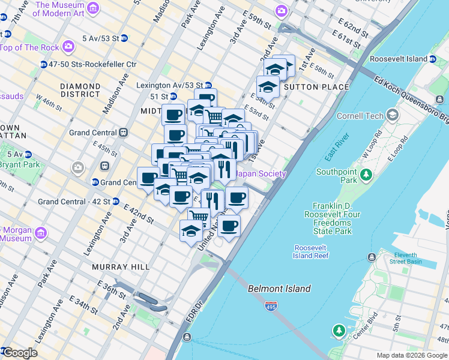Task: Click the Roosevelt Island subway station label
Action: pos(399,59)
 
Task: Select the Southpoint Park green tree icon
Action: pos(365,174)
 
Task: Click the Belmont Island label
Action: pos(279,289)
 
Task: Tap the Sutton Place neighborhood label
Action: pos(316,87)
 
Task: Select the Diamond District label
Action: pos(80,91)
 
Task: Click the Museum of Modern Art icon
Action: pos(93,8)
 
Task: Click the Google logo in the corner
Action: pos(20,353)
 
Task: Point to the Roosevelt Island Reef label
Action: pos(311,252)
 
